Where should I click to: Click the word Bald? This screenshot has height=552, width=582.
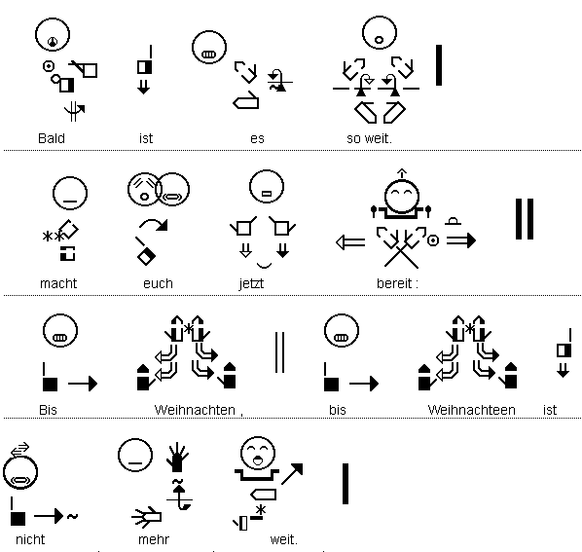tap(52, 138)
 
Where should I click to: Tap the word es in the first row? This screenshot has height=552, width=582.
tap(257, 139)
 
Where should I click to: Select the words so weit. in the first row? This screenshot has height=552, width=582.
tap(369, 138)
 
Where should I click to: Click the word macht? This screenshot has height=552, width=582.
tap(58, 283)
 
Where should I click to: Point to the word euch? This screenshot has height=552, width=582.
tap(158, 283)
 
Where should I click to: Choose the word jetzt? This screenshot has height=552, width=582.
tap(251, 284)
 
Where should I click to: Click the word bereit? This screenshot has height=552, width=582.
tap(394, 283)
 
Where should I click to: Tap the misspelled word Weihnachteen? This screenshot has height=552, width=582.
tap(471, 410)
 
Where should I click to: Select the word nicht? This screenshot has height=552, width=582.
tap(30, 539)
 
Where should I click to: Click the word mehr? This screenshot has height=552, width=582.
tap(154, 539)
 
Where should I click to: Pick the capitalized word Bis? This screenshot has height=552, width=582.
tap(48, 410)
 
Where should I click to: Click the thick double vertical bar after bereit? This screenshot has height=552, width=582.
tap(525, 219)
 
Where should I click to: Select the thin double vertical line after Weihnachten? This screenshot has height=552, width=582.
tap(280, 352)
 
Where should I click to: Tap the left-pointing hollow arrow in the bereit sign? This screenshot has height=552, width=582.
tap(350, 242)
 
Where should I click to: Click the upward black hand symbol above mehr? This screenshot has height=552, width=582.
tap(177, 458)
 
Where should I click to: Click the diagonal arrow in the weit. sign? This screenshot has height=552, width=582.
tap(292, 474)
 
